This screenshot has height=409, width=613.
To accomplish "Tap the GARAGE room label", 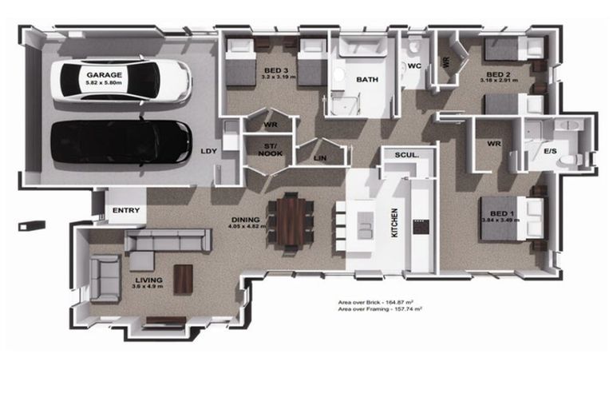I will (105, 73).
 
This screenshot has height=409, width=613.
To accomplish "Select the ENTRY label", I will (126, 211).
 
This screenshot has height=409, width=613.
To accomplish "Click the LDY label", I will (208, 150).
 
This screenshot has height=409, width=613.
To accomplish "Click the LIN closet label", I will (321, 158).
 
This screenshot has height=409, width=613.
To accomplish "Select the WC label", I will (414, 66).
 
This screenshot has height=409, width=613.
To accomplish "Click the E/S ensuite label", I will (550, 150).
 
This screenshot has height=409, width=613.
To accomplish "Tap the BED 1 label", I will (501, 214).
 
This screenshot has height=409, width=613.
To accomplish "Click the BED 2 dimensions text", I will (501, 81).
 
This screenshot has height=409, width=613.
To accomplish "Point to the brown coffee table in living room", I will (183, 279).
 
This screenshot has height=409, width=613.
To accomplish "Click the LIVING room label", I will (148, 280).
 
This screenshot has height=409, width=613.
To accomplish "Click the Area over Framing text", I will (380, 310).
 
